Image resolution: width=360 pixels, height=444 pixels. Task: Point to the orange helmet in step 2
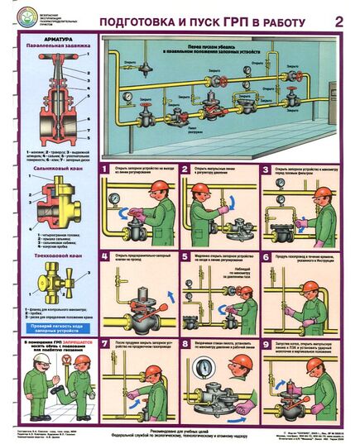point(199,189)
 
